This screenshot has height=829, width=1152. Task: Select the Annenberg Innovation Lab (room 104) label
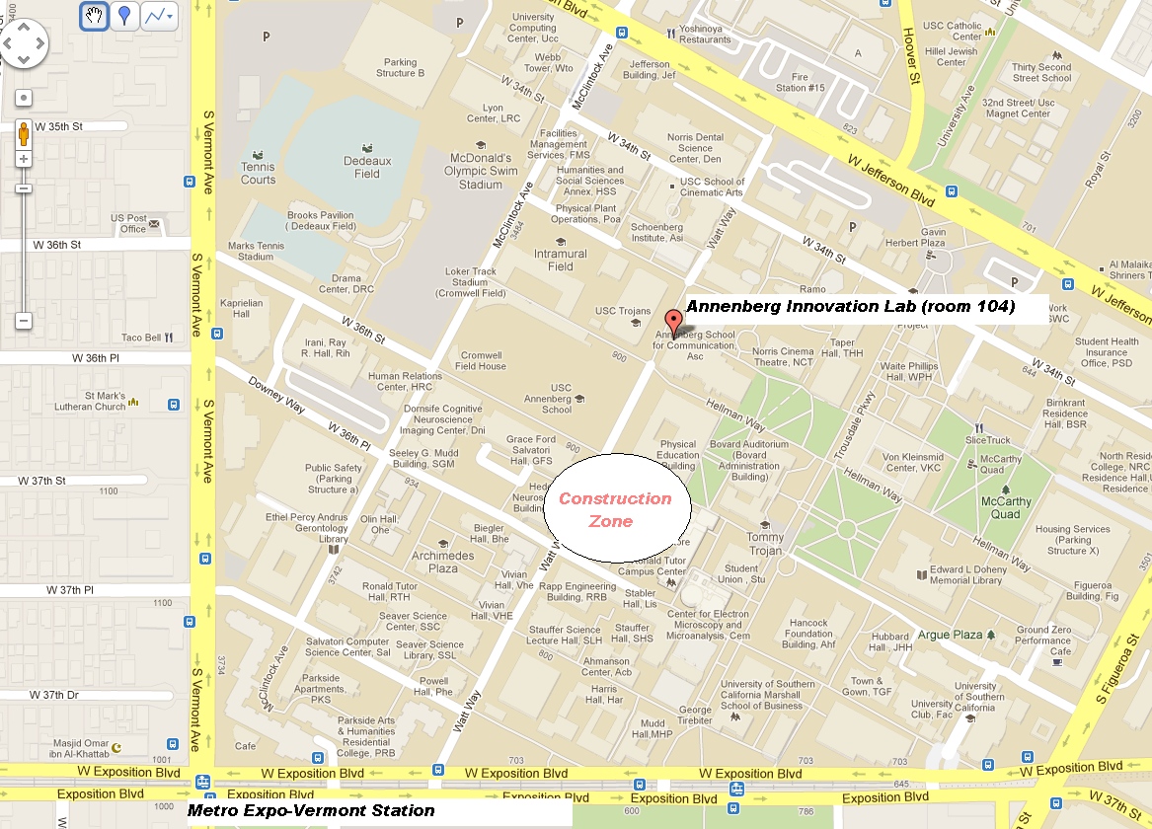click(x=850, y=307)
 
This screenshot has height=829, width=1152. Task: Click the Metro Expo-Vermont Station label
click(x=312, y=810)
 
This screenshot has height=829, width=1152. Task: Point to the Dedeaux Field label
click(x=360, y=168)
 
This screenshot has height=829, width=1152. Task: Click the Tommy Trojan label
click(x=765, y=544)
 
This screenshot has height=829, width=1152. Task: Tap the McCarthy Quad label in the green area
click(x=1006, y=507)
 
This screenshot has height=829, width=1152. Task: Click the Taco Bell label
click(x=140, y=338)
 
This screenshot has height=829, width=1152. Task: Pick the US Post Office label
click(x=128, y=223)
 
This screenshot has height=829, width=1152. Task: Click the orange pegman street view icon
click(x=24, y=134)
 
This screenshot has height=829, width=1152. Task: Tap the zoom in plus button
click(x=24, y=159)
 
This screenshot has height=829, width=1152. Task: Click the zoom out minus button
click(x=24, y=321)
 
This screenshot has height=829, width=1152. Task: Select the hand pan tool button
click(x=94, y=16)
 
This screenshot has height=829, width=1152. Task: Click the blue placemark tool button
click(x=123, y=16)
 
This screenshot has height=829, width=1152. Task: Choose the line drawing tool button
click(x=158, y=16)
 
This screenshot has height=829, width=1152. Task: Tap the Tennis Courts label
click(x=258, y=174)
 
